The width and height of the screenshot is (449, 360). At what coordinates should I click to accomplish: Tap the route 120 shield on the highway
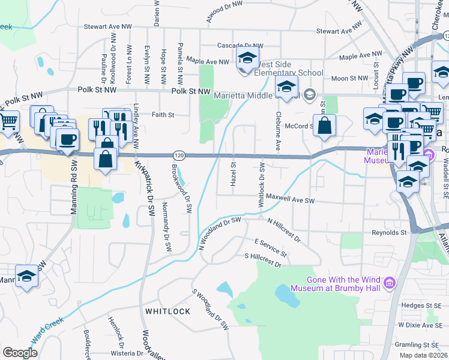[x=179, y=155]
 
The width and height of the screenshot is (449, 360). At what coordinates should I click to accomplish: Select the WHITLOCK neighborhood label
[x=167, y=311]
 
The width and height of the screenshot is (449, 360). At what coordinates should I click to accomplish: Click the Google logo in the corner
[x=19, y=352]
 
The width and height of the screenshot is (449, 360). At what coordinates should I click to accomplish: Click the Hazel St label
[x=234, y=173]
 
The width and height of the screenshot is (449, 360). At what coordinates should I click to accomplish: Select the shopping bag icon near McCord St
[x=324, y=126]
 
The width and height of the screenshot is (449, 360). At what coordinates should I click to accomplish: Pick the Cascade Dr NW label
[x=240, y=46]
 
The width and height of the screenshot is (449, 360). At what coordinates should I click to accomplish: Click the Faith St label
[x=163, y=115]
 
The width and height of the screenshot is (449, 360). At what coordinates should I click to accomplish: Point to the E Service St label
[x=271, y=247]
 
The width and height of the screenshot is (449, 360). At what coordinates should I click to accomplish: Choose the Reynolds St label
[x=389, y=232]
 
